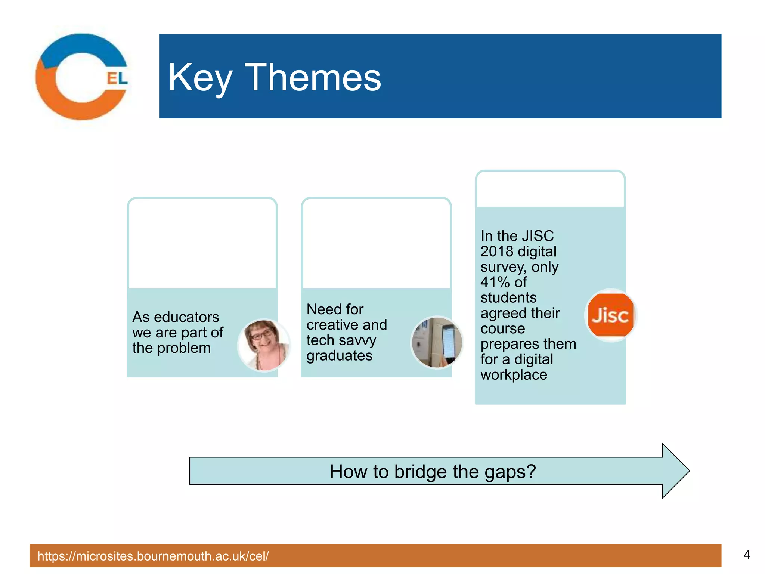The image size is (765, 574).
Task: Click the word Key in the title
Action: tap(200, 78)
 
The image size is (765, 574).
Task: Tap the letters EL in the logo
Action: tap(117, 78)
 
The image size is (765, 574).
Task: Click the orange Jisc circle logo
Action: tap(610, 315)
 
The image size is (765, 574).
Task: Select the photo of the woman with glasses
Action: tap(264, 345)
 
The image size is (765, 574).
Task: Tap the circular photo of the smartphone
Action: tap(437, 342)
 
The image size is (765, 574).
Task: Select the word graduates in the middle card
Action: tap(339, 355)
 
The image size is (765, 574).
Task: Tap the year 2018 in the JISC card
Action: tap(497, 251)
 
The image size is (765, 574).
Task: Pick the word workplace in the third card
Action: tap(514, 374)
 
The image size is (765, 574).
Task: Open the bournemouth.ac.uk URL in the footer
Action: tap(153, 556)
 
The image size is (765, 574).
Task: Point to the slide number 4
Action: tap(747, 555)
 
